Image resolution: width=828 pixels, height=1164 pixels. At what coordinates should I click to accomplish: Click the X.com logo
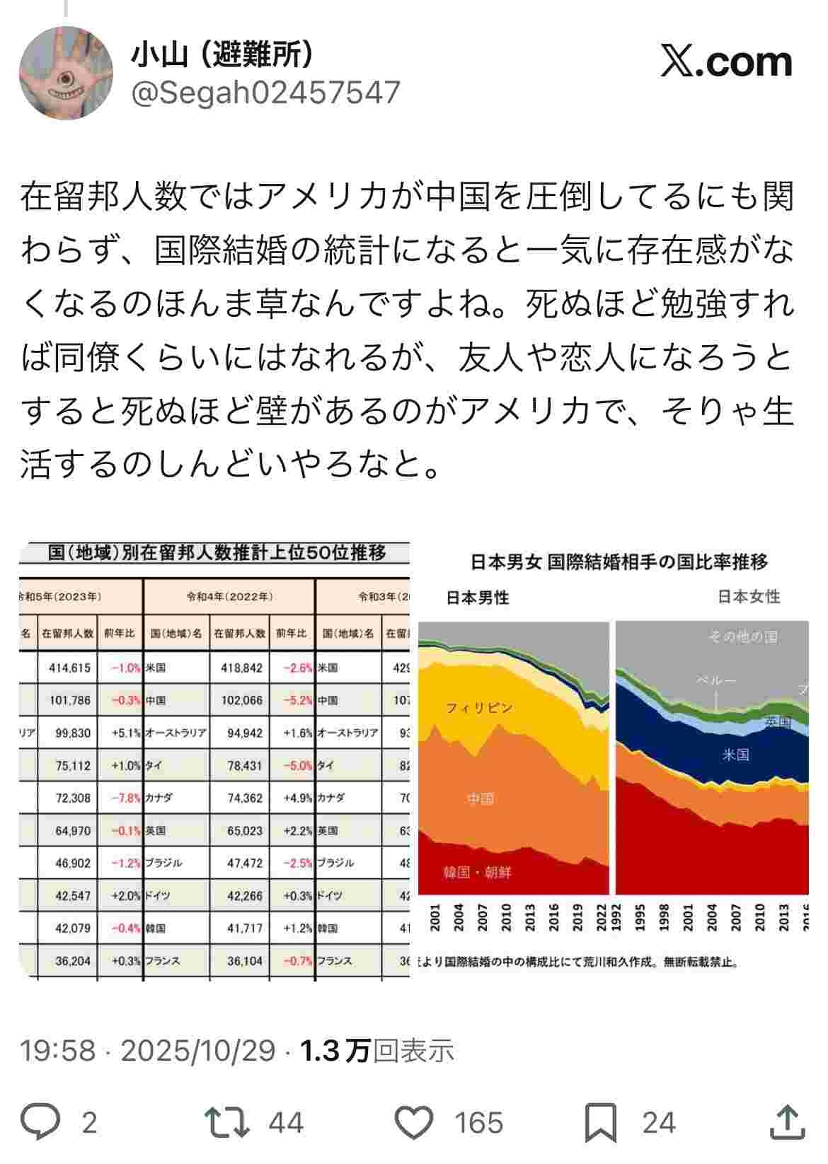click(727, 62)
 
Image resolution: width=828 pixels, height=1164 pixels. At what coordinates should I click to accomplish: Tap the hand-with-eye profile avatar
click(66, 73)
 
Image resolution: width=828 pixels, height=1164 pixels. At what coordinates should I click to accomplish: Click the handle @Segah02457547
click(265, 93)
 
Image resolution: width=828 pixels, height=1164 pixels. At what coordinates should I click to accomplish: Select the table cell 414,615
click(69, 667)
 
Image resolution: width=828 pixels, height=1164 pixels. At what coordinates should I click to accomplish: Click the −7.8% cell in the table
click(126, 798)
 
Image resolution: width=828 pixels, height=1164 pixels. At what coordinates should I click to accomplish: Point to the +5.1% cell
click(126, 733)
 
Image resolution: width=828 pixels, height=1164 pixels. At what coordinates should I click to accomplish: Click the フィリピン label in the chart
click(479, 707)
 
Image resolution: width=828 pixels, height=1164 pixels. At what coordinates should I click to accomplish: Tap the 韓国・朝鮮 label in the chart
click(477, 872)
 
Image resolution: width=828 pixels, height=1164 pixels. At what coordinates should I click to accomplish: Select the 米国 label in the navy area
click(735, 755)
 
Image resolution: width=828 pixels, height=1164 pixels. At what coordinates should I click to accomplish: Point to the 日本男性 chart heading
click(478, 598)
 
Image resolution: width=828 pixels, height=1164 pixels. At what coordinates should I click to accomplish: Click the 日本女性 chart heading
click(749, 596)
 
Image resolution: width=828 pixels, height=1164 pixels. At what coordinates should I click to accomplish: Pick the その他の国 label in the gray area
click(743, 636)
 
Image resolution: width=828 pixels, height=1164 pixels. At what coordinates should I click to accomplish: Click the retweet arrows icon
click(226, 1122)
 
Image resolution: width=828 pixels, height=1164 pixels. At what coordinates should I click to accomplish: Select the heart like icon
click(413, 1122)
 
